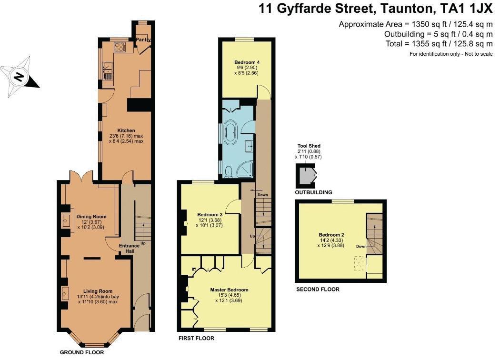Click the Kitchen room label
click(x=126, y=130)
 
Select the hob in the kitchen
click(x=119, y=48)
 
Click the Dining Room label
click(x=91, y=217)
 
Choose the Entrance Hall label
click(x=129, y=249)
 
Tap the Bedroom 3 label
click(x=210, y=215)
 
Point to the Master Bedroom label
click(x=229, y=290)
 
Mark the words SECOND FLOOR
click(x=318, y=289)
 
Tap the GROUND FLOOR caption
click(x=81, y=352)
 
